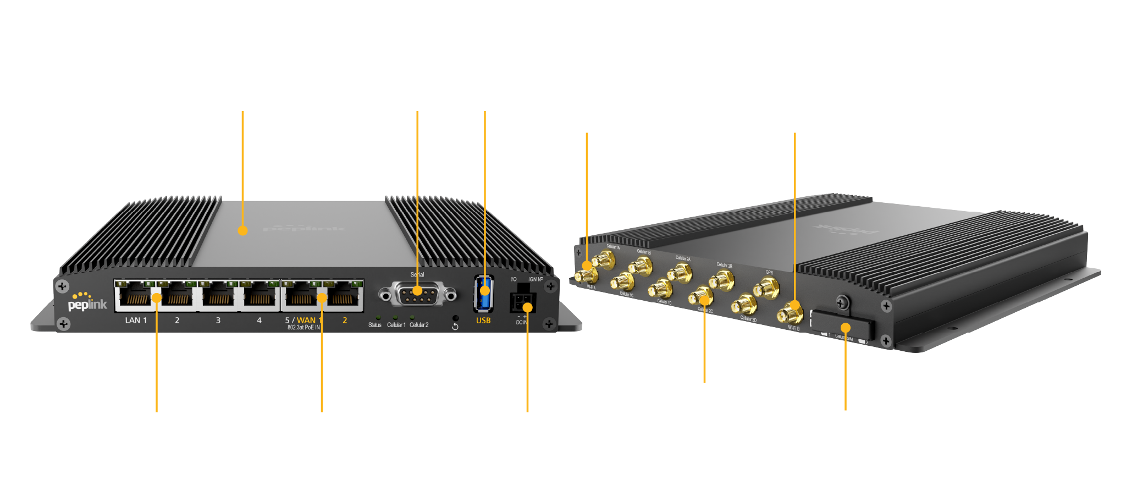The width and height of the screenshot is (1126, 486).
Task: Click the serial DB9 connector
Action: point(417,295)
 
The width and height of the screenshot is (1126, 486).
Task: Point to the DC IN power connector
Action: point(522,302)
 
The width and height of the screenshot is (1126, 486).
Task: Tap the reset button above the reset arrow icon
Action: point(455,318)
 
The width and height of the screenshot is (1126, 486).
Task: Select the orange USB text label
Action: point(483,321)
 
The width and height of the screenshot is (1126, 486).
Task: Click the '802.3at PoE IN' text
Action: point(303,328)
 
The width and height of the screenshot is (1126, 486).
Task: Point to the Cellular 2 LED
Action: point(412,318)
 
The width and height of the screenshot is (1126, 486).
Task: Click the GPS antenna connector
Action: point(765,287)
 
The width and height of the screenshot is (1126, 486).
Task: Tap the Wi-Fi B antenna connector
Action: point(790,314)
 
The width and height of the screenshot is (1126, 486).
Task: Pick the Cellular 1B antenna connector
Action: point(641,267)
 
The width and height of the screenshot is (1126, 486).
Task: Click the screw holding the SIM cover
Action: point(842,302)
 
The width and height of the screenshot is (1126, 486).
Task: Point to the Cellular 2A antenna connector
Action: point(680,273)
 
